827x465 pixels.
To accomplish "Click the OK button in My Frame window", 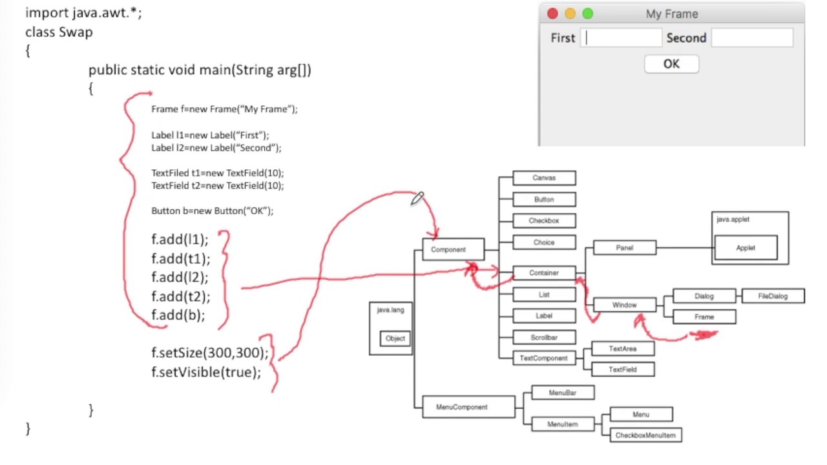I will tap(671, 64).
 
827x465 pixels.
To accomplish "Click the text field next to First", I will tap(621, 38).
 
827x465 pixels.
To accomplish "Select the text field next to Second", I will tap(752, 38).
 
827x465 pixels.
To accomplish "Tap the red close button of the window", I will tap(552, 14).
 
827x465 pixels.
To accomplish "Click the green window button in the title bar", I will tap(587, 14).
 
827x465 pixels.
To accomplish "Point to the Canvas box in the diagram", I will tap(544, 178).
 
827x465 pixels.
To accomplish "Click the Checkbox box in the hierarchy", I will tap(544, 221).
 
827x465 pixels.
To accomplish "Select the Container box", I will tap(544, 273).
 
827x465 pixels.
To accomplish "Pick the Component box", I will tap(453, 249).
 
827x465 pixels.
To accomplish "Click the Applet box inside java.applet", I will tap(746, 248).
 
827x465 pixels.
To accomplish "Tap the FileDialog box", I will tap(773, 296).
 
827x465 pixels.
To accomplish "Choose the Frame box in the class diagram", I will tap(704, 317).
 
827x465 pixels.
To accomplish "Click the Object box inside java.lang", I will tap(395, 338).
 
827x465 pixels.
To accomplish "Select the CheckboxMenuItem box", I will tap(645, 435).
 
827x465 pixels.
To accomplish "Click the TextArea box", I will tap(623, 349).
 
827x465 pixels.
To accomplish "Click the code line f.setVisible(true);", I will tap(206, 373).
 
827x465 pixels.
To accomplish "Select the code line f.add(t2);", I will tap(181, 296).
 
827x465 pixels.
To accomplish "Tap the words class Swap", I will tap(59, 32).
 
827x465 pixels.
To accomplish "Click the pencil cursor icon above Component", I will tap(417, 198).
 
